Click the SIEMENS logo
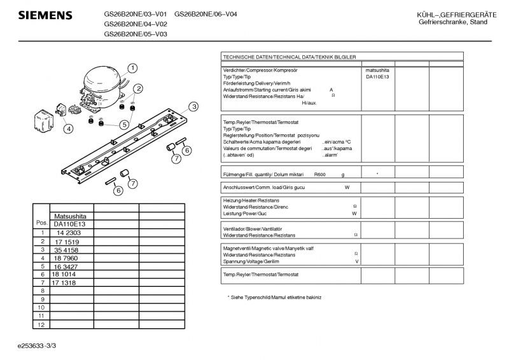click(45, 15)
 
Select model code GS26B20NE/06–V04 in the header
click(206, 14)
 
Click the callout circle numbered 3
click(193, 106)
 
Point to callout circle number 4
click(68, 128)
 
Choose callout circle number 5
click(125, 125)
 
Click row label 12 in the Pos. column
click(41, 324)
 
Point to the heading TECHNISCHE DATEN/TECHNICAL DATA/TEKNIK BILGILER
click(289, 57)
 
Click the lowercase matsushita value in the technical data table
click(377, 69)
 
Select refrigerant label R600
click(320, 174)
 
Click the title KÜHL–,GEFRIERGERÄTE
click(453, 15)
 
